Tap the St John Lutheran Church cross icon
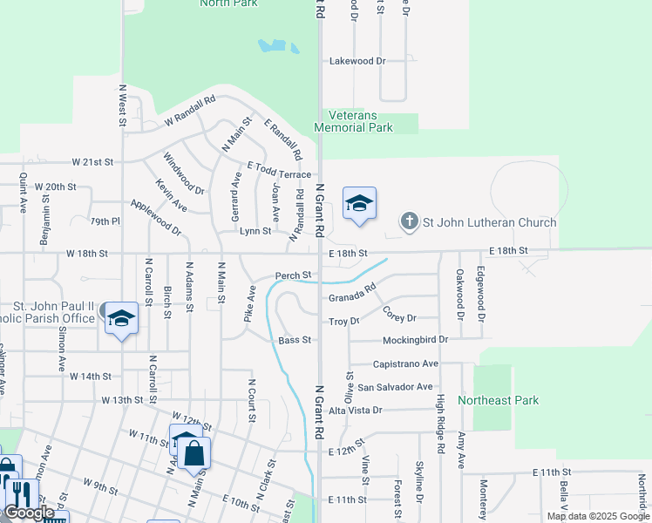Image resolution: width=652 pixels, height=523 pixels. coord(409,222)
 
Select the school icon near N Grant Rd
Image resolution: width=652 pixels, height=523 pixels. coord(359,205)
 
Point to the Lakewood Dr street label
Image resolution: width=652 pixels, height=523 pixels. coord(357,61)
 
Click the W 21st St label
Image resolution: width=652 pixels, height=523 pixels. coord(93,162)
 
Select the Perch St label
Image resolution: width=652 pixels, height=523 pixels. coord(293,275)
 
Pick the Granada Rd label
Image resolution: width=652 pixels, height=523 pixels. coord(352,293)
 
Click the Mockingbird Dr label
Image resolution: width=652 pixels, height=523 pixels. coord(415,339)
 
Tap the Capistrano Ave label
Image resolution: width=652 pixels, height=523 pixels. coord(405,363)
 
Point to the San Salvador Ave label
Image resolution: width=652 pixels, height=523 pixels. coord(395,386)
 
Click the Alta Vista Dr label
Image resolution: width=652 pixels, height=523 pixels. coord(353,410)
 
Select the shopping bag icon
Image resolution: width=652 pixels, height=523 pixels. coord(194,453)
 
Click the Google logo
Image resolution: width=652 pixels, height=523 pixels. coord(29,513)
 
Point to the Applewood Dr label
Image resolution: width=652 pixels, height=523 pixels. coord(155,217)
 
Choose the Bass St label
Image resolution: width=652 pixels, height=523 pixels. coord(295,340)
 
